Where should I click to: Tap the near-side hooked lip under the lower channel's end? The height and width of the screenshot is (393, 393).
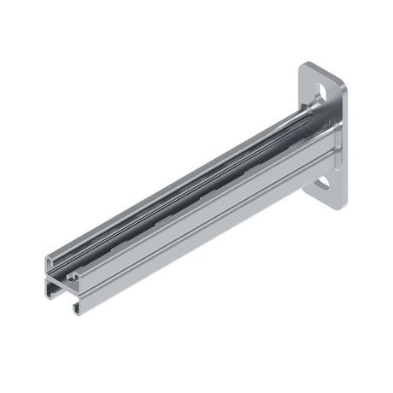click(77, 304)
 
